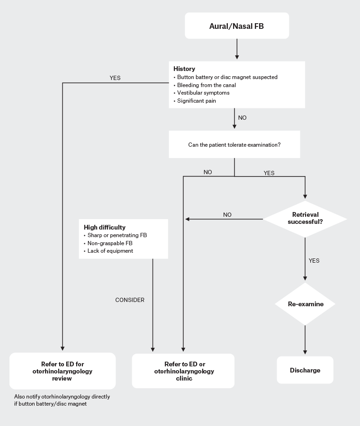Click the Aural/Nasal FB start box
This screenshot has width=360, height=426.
coord(236,26)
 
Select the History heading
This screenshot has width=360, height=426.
coord(184,69)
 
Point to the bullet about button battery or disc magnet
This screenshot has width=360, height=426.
coord(227,77)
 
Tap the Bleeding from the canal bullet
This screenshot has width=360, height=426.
coord(206,85)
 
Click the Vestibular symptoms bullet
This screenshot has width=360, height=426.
coord(203,93)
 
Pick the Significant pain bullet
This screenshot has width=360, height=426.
coord(197,101)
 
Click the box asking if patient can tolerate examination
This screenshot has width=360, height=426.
coord(234,144)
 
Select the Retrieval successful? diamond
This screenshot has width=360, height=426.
coord(305,218)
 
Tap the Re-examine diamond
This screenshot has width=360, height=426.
coord(306,304)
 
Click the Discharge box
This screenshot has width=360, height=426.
coord(305,370)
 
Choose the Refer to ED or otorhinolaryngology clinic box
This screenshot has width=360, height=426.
coord(183,371)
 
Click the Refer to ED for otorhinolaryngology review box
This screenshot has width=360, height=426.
coord(62,371)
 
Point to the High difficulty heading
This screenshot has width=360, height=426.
coord(105,227)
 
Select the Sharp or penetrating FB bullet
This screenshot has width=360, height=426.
coord(117,235)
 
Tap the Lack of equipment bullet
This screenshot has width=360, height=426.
coord(110,251)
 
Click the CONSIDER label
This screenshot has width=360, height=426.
coord(130,300)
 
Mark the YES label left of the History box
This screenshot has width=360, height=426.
coord(115,78)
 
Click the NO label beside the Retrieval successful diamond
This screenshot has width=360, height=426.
coord(227,214)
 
